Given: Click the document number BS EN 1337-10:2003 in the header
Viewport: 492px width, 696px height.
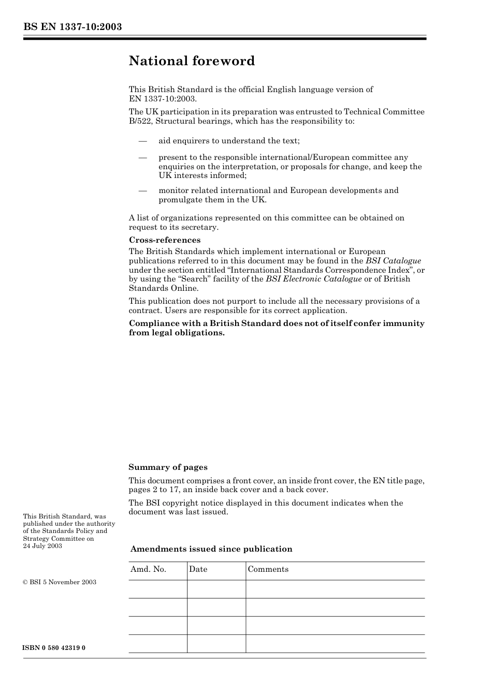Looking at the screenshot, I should tap(73, 27).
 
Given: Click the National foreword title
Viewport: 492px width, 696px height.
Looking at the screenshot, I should tap(192, 61).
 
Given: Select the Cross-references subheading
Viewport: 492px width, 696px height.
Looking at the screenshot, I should tap(164, 240).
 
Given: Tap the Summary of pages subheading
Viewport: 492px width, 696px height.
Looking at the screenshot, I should tap(168, 467).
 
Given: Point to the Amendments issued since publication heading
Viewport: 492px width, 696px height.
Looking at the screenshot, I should tap(211, 549).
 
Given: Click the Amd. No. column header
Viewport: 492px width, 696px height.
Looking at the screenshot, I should tap(148, 569).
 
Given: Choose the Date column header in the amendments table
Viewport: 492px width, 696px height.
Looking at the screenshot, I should tap(198, 569).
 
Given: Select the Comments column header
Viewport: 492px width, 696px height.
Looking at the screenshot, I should tap(268, 569).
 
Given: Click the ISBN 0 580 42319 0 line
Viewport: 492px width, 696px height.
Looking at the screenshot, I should tap(54, 648).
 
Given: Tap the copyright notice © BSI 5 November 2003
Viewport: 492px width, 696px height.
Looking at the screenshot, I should tap(60, 582).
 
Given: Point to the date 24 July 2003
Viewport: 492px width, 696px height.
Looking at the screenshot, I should tap(42, 546).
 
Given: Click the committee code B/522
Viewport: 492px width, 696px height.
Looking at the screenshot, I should tap(140, 121).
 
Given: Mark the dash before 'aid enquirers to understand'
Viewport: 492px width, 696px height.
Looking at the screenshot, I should tap(142, 141).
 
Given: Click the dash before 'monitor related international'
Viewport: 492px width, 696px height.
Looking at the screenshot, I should tap(142, 190).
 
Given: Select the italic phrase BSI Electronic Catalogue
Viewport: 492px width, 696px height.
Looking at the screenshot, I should tap(313, 279).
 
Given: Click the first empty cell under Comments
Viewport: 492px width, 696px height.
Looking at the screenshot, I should tap(335, 589).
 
